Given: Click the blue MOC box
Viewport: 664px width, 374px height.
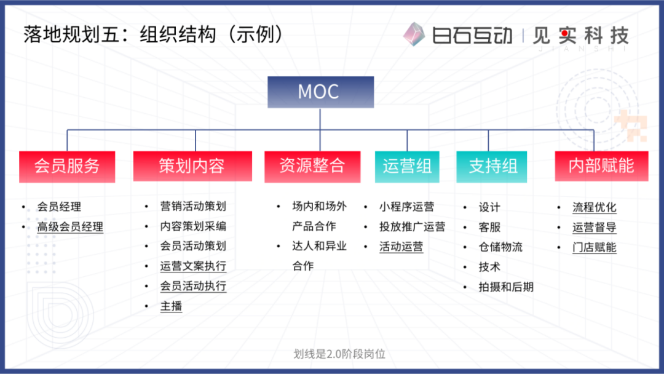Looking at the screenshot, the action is (x=320, y=92).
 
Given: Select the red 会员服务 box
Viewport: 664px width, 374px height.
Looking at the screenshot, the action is (x=67, y=167).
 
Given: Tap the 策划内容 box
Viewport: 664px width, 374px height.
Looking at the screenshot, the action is (x=192, y=166).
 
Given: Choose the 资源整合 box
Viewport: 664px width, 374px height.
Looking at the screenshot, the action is (x=312, y=167).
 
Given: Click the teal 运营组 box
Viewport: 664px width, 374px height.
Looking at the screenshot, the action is (x=407, y=167).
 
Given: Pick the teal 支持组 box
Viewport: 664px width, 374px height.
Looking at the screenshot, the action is (x=492, y=167).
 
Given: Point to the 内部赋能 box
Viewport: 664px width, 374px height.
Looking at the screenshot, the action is (x=601, y=166).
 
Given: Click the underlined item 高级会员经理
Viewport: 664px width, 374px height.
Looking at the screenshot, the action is (x=70, y=227).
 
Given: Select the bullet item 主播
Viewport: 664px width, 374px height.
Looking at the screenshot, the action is (x=171, y=306).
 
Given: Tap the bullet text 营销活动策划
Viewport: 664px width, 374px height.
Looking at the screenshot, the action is (x=193, y=206).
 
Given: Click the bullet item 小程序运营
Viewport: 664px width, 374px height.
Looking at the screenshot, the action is (x=406, y=207).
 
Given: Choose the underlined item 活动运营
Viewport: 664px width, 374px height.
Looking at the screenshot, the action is (x=401, y=247).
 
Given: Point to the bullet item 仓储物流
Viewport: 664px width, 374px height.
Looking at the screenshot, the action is (x=500, y=247).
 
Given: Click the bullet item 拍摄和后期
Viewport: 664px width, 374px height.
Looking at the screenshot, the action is (x=506, y=287).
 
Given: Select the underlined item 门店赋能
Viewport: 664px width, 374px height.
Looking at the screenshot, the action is (x=594, y=247).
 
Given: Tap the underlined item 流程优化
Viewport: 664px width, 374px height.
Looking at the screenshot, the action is (x=594, y=207).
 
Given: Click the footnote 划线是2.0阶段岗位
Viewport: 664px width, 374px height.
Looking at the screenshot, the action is (x=339, y=354).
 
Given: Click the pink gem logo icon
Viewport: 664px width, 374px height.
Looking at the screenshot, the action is (x=414, y=34).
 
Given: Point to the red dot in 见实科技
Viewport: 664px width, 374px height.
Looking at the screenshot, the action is (x=565, y=33).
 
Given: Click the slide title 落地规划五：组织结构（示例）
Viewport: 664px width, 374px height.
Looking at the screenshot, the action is (x=153, y=34).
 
